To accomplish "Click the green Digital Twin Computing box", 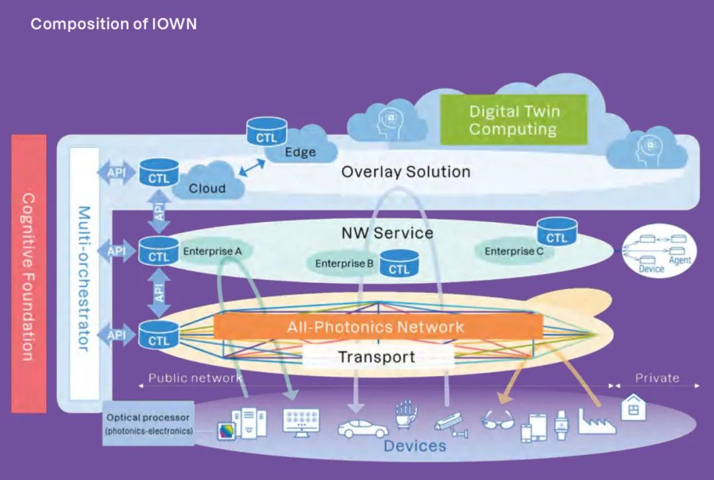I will tap(514, 120).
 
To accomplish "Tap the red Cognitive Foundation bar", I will tap(29, 273).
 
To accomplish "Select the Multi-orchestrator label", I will tap(84, 278).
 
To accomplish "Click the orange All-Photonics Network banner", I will tap(376, 327).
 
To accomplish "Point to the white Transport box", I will tap(377, 357).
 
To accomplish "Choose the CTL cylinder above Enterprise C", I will tap(557, 231).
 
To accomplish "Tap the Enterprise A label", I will tap(212, 251).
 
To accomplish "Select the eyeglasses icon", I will tap(497, 420).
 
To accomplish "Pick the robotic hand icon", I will tap(407, 414).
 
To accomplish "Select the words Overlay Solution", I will tap(405, 172).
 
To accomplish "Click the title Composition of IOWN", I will tap(114, 24).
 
